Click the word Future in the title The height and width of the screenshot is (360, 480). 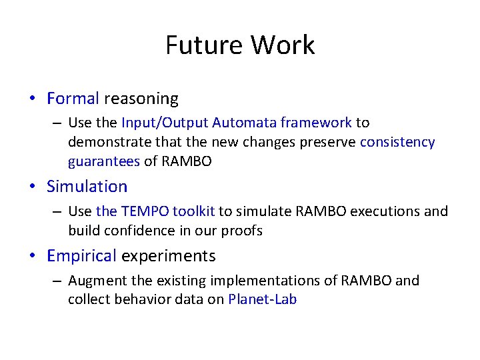pos(205,45)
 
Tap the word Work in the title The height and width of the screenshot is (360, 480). pos(283,45)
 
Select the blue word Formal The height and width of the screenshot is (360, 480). pos(73,99)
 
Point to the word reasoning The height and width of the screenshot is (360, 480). pos(141,99)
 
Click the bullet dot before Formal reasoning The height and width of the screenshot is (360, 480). pos(32,99)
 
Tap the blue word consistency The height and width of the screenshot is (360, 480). pos(397,142)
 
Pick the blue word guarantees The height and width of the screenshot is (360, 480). pos(103,161)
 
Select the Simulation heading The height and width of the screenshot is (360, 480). pos(87,186)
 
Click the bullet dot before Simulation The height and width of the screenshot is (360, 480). pos(32,187)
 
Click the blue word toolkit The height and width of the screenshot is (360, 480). pos(193,211)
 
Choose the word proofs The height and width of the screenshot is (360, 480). pos(243,231)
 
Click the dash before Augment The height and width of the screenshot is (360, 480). pos(57,281)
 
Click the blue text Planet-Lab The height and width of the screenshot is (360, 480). pos(262,299)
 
